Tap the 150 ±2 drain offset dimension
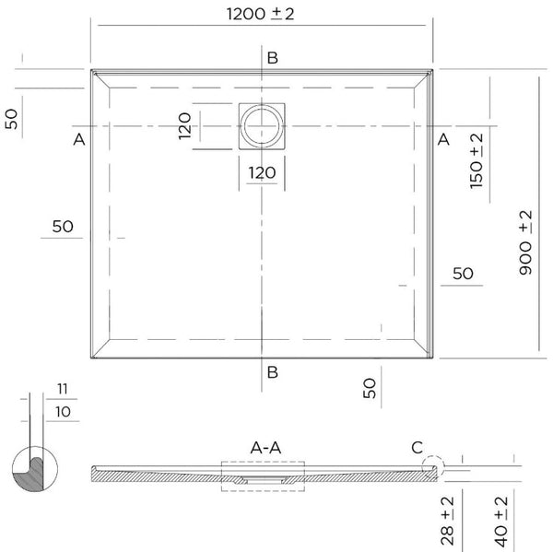coord(477,160)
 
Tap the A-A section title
coord(265,447)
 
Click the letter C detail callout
coord(417,448)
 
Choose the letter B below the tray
coord(272,372)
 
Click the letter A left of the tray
coord(79,139)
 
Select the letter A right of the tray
coord(442,139)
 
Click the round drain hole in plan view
coord(264,125)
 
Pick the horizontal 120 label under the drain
coord(263,171)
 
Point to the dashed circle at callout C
coord(431,467)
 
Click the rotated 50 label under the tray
coord(370,388)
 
